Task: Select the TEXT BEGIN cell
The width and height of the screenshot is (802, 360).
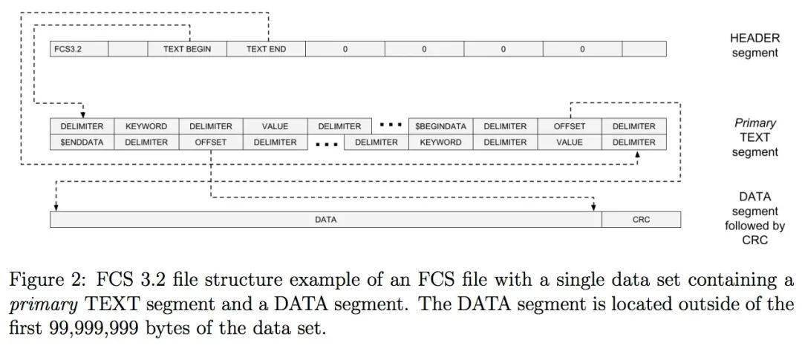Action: click(x=187, y=49)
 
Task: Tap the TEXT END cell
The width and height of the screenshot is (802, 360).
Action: click(x=266, y=49)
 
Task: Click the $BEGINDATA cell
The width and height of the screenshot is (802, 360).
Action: click(x=441, y=126)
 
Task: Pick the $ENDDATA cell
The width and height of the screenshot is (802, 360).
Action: click(x=82, y=142)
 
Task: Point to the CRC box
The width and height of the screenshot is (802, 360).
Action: click(x=641, y=220)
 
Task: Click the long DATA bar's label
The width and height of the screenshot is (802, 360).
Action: click(x=325, y=220)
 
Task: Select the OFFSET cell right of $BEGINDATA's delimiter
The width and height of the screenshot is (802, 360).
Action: click(x=570, y=126)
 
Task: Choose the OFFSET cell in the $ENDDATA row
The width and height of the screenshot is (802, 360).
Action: click(x=211, y=142)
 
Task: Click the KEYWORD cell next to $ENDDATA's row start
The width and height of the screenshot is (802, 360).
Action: click(x=441, y=142)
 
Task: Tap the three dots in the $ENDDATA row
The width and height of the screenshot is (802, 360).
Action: click(x=327, y=143)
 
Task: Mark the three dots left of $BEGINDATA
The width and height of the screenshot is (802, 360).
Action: click(x=391, y=125)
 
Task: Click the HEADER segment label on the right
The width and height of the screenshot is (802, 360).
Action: click(x=754, y=45)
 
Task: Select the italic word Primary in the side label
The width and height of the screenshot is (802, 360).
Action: click(x=754, y=123)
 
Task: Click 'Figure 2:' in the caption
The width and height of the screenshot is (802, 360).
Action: click(x=42, y=281)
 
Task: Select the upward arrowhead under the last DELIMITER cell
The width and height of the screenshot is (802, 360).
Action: click(x=637, y=154)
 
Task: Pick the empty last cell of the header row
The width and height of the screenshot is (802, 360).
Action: click(x=644, y=49)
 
